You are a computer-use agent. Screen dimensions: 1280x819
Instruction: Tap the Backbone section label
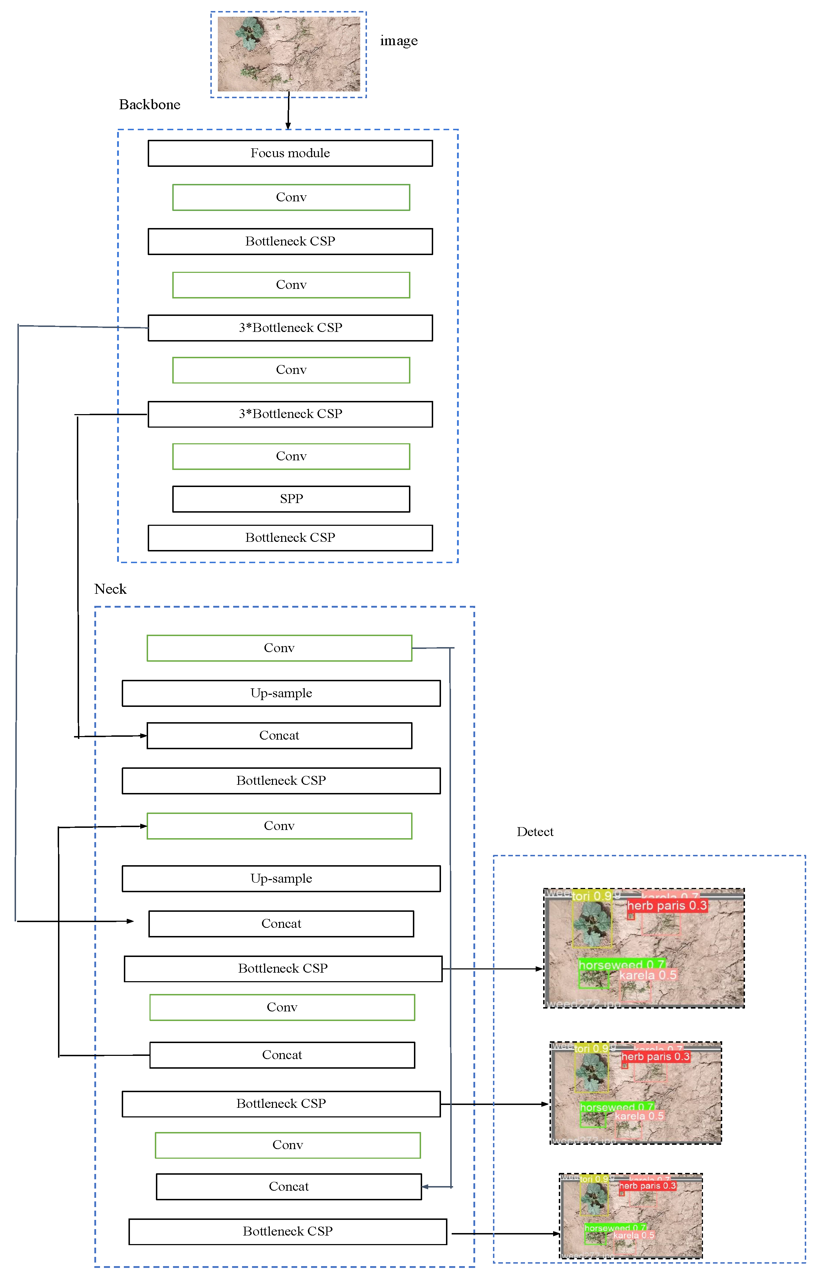[149, 104]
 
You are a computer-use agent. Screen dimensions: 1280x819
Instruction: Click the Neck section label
[110, 589]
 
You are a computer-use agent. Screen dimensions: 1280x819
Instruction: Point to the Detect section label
[535, 832]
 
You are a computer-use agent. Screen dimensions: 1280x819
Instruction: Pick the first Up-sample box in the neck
[281, 693]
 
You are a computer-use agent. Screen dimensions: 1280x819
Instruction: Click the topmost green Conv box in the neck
[279, 648]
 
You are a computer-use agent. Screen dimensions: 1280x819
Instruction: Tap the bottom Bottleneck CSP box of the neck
[288, 1231]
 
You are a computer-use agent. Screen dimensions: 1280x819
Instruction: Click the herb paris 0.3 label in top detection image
[667, 905]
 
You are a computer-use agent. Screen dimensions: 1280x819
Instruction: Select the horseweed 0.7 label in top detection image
[621, 965]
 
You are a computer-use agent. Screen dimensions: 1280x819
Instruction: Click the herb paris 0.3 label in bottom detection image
[647, 1186]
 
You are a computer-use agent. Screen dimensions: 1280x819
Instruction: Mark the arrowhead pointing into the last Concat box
[425, 1186]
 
